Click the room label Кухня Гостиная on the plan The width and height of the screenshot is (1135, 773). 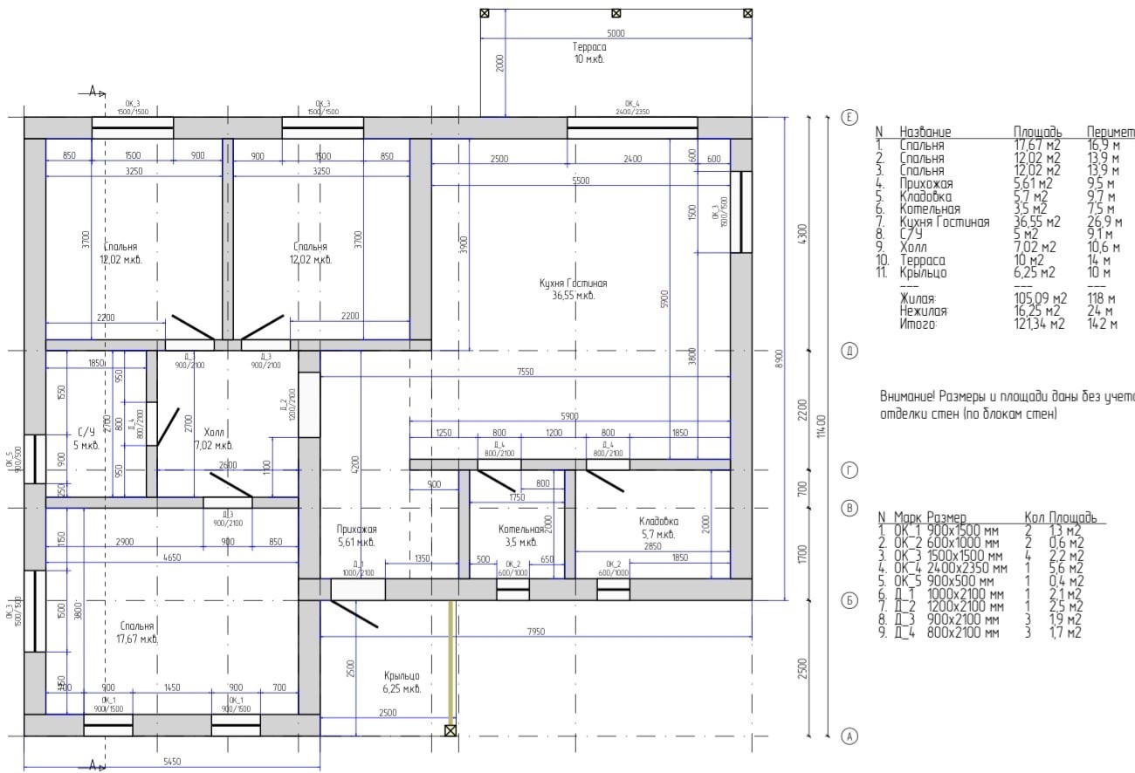coord(573,284)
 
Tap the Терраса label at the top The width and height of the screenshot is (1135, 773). coord(589,47)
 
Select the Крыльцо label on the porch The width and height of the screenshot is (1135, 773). coord(402,676)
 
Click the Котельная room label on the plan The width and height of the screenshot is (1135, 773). coord(521,529)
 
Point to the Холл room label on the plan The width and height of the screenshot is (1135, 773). coord(213,432)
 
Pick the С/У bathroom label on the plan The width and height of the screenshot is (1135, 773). coord(86,432)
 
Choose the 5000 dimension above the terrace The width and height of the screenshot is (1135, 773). coord(616,33)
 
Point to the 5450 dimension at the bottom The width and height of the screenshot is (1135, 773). coord(171,763)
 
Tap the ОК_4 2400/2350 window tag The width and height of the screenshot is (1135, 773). coord(632,107)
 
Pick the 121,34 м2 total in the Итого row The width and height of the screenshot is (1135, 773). coord(1034,325)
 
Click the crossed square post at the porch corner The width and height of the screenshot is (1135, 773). coord(451,730)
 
